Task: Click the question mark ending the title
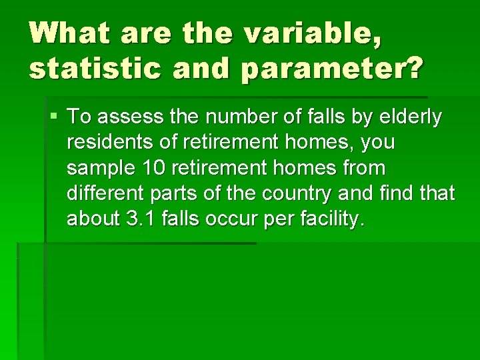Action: coord(412,68)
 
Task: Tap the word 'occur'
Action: coord(237,219)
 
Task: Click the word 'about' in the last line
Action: coord(93,219)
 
